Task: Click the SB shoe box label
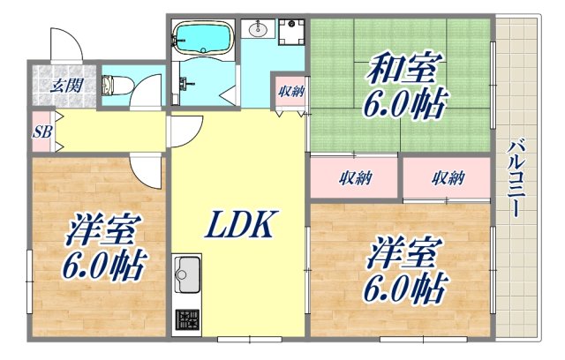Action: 41,132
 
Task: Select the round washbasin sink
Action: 259,31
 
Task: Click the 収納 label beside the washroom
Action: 290,91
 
